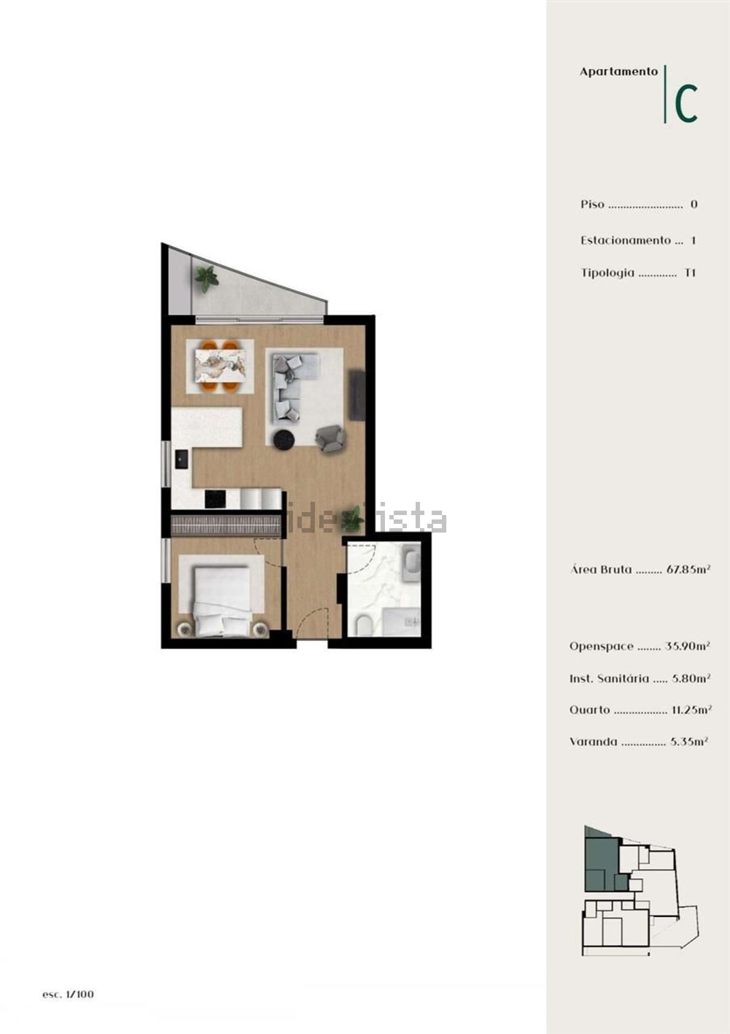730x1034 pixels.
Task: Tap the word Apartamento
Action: click(619, 72)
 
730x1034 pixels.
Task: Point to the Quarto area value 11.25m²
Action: click(692, 709)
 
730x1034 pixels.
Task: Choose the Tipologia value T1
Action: click(690, 273)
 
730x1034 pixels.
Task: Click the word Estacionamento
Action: click(625, 240)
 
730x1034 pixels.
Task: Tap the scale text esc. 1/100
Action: click(68, 995)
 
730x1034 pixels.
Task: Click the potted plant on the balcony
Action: click(207, 279)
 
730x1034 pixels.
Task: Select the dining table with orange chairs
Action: click(220, 366)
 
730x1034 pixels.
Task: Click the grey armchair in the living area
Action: click(330, 438)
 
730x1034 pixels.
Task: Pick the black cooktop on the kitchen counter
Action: click(215, 499)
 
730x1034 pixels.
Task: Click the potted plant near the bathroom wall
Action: click(353, 518)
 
